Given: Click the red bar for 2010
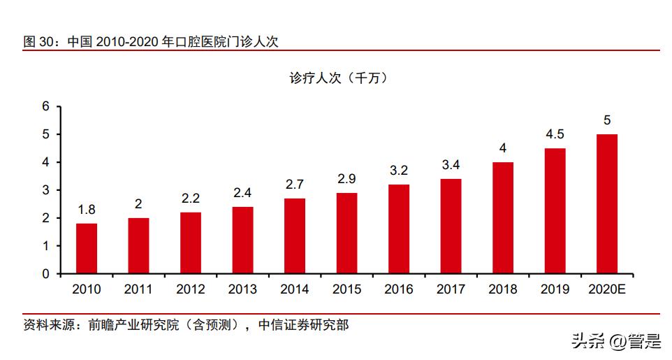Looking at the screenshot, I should [x=87, y=249].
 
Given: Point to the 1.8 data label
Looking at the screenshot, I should [x=87, y=209].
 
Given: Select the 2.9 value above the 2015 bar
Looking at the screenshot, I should [x=346, y=178].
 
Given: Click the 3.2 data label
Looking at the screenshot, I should [x=399, y=170].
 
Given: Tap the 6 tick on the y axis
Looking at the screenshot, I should [x=46, y=106].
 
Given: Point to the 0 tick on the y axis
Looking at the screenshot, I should [x=46, y=274].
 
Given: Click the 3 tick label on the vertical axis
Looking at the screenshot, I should [x=46, y=190].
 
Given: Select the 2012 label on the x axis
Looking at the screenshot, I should [x=191, y=289].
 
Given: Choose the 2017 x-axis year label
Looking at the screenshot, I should [x=451, y=289].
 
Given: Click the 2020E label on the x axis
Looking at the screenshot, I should [x=607, y=289].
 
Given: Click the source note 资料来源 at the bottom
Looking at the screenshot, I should [x=186, y=325].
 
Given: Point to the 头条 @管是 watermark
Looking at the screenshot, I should [x=615, y=342].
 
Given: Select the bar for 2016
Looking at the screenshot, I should [x=399, y=229].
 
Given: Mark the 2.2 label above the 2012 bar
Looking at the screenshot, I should [x=191, y=198].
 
